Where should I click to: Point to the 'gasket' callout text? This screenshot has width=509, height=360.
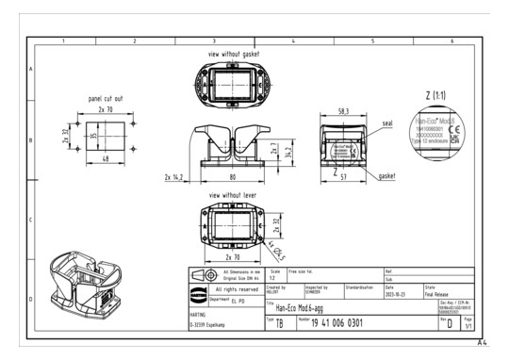[388, 176]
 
